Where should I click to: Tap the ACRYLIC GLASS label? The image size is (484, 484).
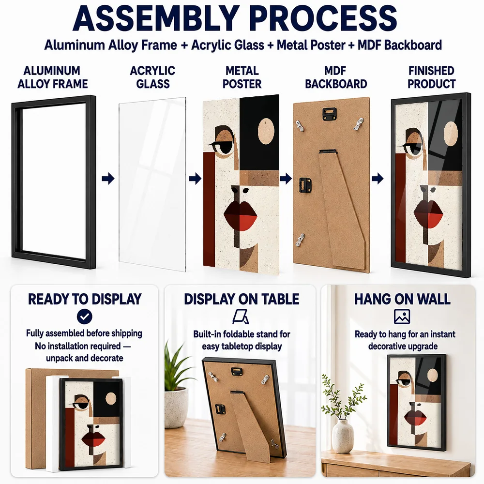point(153,77)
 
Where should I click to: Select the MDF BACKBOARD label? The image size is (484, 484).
point(336,77)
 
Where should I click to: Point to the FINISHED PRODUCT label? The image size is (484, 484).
point(431,77)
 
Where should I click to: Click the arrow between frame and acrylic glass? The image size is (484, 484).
point(108,179)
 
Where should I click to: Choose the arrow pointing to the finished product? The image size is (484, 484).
point(378,179)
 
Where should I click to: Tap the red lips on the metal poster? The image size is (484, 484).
point(240,215)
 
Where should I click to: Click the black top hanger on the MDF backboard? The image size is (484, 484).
point(330,114)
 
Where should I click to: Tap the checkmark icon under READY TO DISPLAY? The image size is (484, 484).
point(84,317)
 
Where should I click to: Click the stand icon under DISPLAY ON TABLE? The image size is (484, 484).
point(241,317)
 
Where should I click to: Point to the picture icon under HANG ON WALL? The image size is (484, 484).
point(402,317)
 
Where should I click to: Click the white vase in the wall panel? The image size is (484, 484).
point(343,436)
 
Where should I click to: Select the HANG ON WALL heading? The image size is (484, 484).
point(402,299)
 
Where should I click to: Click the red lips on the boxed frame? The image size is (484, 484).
point(93,439)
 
